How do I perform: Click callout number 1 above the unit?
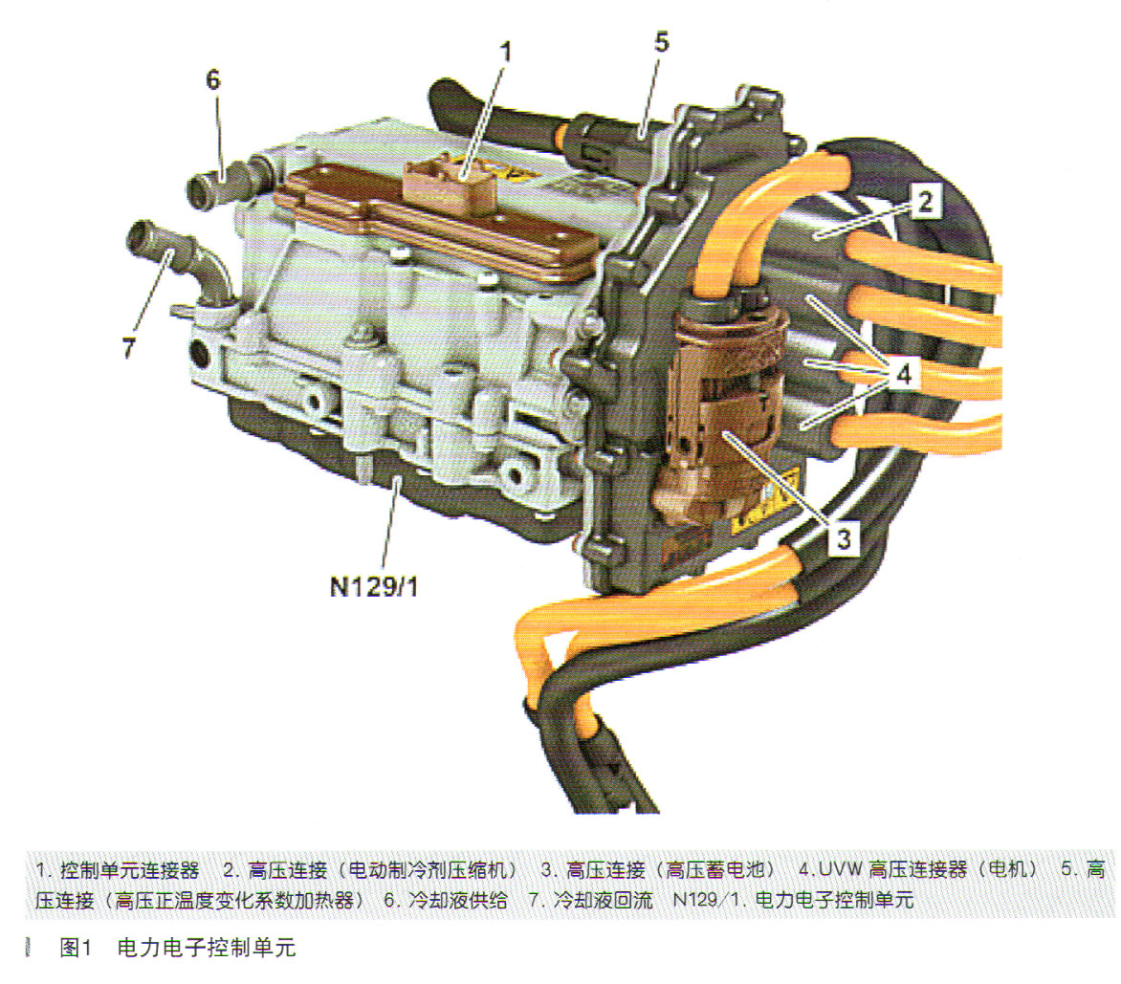point(505,53)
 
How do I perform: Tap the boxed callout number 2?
point(925,202)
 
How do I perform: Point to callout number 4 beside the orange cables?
point(903,373)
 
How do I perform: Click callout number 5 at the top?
point(661,42)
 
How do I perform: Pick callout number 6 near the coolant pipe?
point(212,79)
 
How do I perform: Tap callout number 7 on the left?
point(129,348)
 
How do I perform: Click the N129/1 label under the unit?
point(374,587)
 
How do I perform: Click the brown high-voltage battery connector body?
point(722,414)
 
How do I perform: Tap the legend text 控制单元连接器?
point(129,869)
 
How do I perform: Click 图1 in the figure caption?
point(77,948)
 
